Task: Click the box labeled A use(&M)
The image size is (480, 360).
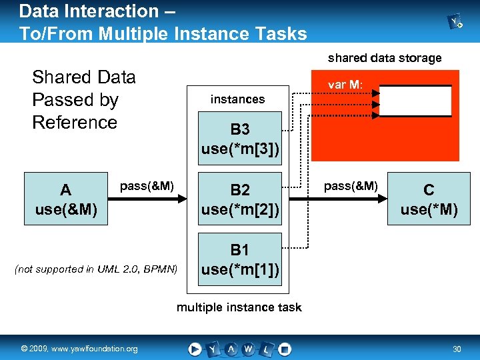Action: [66, 199]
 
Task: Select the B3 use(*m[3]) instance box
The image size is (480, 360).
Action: [240, 139]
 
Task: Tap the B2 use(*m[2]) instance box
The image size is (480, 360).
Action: [240, 199]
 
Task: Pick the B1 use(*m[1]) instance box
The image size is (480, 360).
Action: [240, 259]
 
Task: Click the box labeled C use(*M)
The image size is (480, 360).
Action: [429, 199]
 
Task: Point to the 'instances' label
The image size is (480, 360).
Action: [237, 99]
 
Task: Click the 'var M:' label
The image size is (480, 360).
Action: [345, 85]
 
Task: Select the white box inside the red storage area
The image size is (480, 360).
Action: [415, 101]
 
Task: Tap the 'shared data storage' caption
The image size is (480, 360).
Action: [385, 58]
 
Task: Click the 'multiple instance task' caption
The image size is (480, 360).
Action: [239, 307]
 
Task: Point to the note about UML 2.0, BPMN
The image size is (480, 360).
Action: [96, 269]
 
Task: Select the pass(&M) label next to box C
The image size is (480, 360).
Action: [351, 186]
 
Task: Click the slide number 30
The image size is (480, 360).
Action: [457, 349]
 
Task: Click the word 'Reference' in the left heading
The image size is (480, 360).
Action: [75, 123]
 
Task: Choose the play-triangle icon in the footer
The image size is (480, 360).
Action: [195, 349]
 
